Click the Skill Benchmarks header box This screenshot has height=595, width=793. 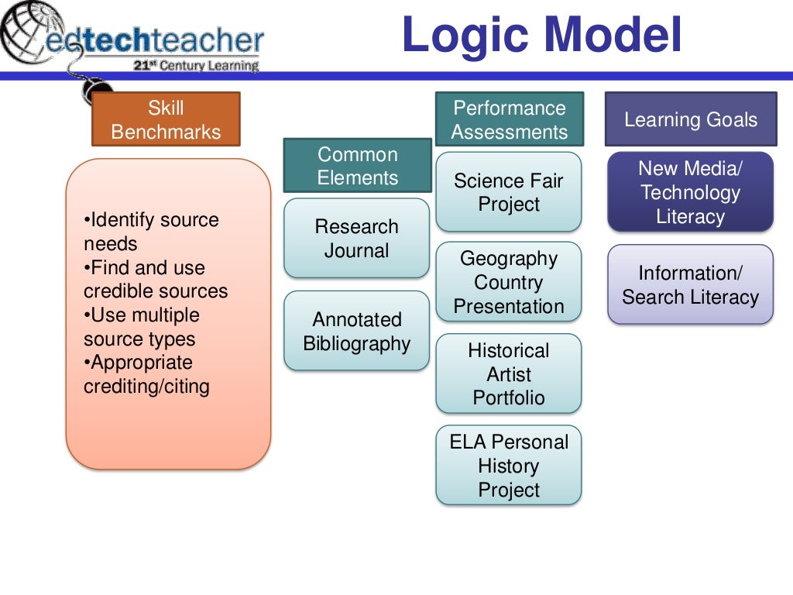pos(166,119)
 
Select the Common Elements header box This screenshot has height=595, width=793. pos(357,165)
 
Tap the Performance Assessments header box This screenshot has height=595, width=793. pos(509,119)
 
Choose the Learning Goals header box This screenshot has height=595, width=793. pos(690,119)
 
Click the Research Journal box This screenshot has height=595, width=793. pos(356,239)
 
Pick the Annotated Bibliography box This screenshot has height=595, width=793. pos(356,331)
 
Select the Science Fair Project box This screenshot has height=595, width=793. pos(508,192)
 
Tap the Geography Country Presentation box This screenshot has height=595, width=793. pos(508,282)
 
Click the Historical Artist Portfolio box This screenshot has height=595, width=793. pos(508,373)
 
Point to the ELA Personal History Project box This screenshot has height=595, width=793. pos(508,466)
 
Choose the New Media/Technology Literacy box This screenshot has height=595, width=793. pos(690,192)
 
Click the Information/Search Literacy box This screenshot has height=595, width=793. pos(690,284)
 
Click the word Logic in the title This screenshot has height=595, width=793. pos(464,36)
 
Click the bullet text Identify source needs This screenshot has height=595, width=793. pos(151,232)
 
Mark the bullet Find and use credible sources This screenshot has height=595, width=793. pos(155,280)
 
